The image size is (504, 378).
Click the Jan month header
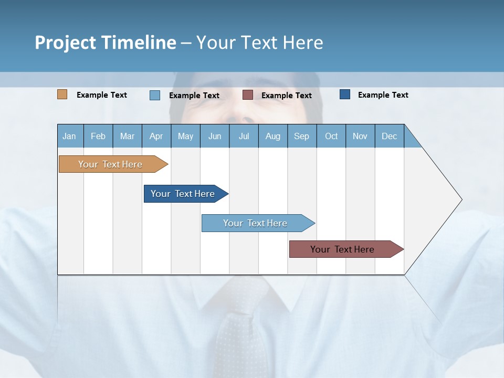click(x=70, y=136)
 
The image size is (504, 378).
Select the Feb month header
click(x=98, y=136)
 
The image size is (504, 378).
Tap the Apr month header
click(x=156, y=136)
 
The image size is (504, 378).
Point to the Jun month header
click(x=215, y=136)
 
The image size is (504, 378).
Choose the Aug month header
click(x=273, y=136)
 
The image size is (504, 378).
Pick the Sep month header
click(x=302, y=136)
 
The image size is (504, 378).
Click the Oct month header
click(x=331, y=136)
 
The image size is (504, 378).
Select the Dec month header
click(x=390, y=136)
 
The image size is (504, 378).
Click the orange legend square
click(x=62, y=94)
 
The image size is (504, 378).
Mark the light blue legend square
click(x=155, y=95)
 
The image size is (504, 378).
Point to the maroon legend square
click(x=248, y=95)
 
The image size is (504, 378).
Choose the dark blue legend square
click(x=345, y=94)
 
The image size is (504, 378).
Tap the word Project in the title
click(x=66, y=43)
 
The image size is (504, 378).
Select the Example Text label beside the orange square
click(x=102, y=95)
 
